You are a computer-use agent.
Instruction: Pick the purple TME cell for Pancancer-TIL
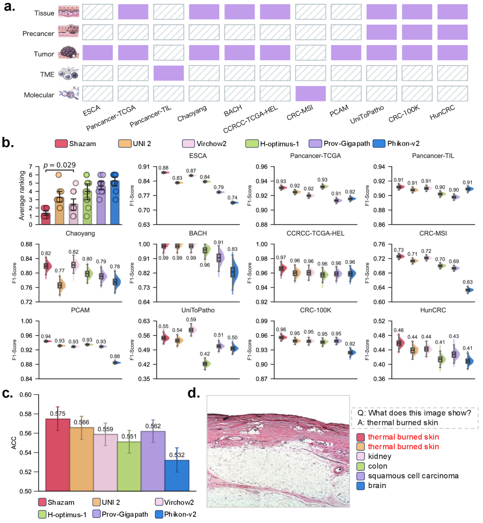(x=168, y=72)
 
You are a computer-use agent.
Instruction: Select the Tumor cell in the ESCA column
(x=97, y=52)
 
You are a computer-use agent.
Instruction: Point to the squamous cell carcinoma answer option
(x=412, y=476)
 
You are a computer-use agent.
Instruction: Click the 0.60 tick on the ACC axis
(x=31, y=395)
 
